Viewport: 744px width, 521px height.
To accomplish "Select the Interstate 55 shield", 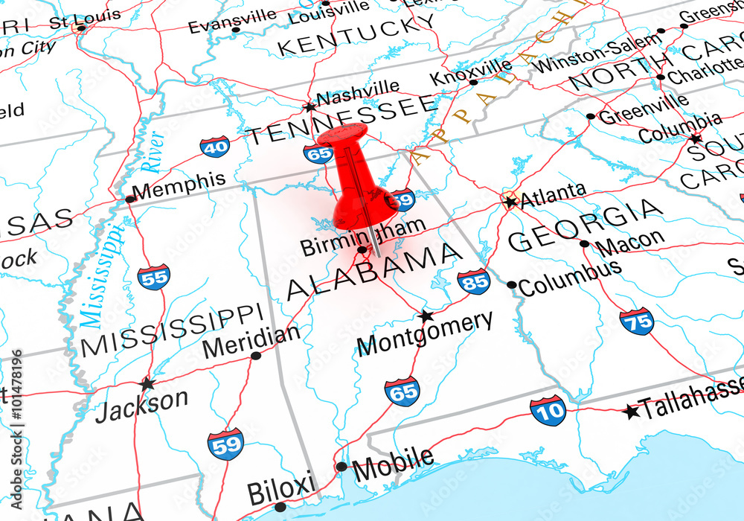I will click(x=153, y=277).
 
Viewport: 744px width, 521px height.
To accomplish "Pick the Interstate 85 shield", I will click(x=473, y=281).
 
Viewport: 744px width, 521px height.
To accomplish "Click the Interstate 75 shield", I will click(x=636, y=322).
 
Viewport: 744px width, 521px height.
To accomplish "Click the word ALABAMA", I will click(x=374, y=270).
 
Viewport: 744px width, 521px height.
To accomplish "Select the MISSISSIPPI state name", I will click(x=172, y=330).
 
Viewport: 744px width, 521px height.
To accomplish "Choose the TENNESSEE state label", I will click(x=341, y=120).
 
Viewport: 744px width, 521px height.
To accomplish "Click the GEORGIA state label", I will click(x=585, y=225).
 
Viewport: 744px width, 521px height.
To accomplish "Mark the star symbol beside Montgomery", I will click(x=426, y=316).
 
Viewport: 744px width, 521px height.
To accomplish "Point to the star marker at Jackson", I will click(x=147, y=383).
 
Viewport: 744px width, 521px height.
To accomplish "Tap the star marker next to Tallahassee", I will click(x=632, y=410).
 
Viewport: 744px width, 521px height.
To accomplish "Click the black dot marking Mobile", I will click(x=341, y=467).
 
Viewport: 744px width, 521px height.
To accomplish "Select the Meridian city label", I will click(x=251, y=342).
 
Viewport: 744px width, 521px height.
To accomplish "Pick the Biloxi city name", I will click(x=280, y=492).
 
